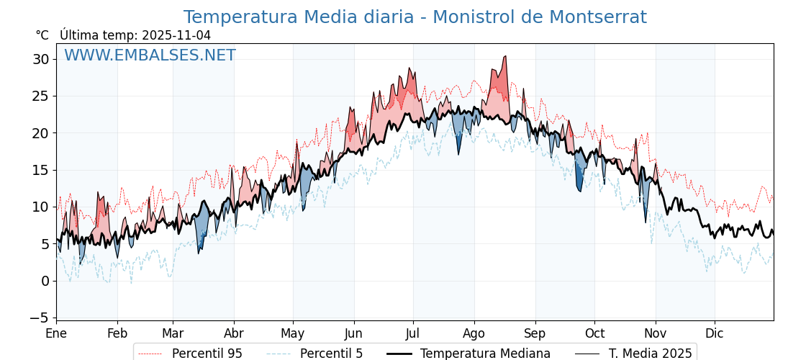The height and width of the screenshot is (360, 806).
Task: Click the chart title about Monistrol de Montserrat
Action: click(415, 17)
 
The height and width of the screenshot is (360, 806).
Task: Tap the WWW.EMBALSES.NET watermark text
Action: click(150, 55)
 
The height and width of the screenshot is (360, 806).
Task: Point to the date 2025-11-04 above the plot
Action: click(176, 35)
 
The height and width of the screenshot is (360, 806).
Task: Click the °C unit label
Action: click(42, 35)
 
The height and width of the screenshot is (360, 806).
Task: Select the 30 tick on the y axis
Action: click(40, 59)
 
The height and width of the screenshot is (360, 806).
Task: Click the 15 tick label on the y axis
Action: click(40, 170)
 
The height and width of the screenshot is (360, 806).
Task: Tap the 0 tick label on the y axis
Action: click(45, 281)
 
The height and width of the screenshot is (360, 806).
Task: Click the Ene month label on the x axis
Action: click(56, 333)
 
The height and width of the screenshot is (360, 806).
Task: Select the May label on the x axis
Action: click(292, 333)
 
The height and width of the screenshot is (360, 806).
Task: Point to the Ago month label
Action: click(474, 333)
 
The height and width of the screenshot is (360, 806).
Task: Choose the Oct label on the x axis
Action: click(594, 333)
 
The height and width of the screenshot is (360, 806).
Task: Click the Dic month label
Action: click(714, 333)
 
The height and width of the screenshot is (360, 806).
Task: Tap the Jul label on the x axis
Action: click(413, 333)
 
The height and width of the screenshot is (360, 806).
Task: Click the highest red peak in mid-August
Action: click(505, 58)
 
